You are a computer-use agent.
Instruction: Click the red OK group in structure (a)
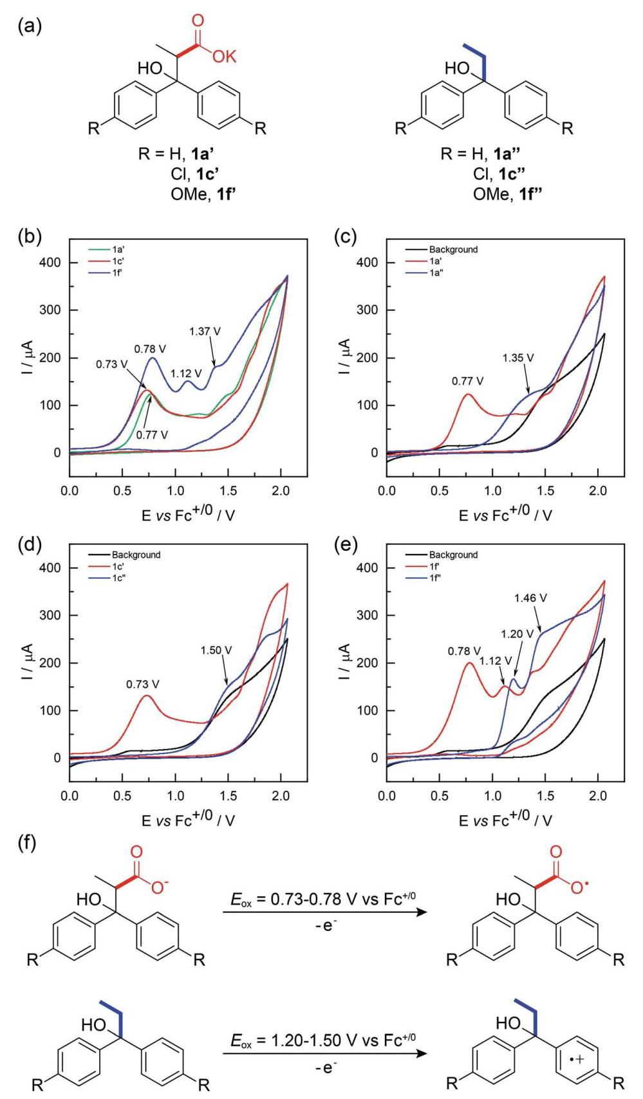(x=225, y=57)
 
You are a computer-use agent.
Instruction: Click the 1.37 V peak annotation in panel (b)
(x=205, y=331)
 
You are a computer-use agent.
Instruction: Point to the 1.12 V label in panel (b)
(x=186, y=373)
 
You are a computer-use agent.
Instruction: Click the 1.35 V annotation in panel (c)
(x=518, y=358)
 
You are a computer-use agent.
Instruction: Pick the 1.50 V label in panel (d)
(x=216, y=650)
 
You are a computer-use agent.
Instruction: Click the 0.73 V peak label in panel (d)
(x=143, y=684)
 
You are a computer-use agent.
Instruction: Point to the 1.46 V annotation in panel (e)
(x=530, y=598)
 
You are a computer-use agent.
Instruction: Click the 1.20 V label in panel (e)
(x=517, y=634)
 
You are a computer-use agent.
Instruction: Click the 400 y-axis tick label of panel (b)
(x=50, y=263)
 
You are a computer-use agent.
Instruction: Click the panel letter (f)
(x=27, y=844)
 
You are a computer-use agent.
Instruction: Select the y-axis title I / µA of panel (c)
(x=345, y=356)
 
